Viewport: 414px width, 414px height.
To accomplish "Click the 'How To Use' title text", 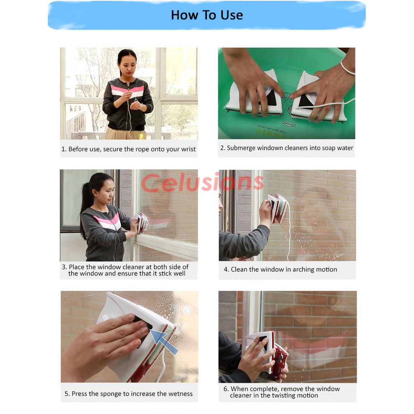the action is point(207,15).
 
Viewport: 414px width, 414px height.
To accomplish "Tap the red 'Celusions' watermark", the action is point(202,182).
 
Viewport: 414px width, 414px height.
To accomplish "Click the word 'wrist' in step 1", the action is point(188,149).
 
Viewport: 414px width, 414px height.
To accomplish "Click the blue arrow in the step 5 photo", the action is point(165,342).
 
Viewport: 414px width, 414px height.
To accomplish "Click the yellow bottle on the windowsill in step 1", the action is point(141,137).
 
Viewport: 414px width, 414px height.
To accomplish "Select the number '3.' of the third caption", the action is point(64,267).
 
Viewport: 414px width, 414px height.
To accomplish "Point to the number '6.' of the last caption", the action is point(226,389).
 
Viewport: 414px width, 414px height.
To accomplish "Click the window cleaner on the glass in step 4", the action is point(277,209).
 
